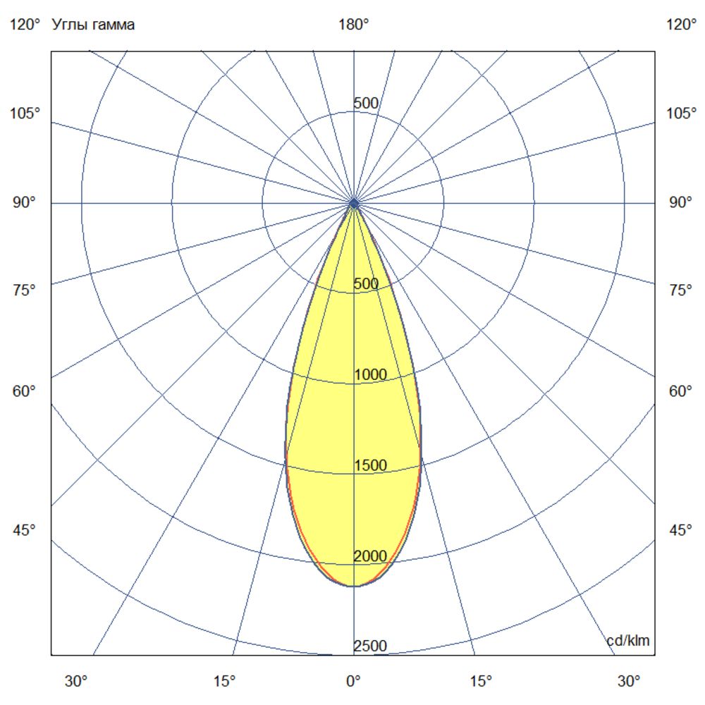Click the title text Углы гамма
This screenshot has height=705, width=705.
93,25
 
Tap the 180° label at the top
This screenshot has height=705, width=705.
354,25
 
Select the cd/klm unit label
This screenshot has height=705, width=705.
628,641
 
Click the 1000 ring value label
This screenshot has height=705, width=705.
370,375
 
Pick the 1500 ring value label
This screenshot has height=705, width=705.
370,465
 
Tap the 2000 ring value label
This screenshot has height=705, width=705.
370,556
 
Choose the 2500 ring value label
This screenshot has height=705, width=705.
370,646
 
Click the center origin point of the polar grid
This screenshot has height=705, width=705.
354,203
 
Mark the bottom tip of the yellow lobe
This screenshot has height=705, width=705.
354,586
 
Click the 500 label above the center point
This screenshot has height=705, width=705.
366,104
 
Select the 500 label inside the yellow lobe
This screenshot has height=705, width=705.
366,284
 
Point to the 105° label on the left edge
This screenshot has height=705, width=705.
26,114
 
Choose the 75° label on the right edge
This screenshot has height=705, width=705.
680,290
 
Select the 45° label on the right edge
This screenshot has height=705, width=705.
680,530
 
